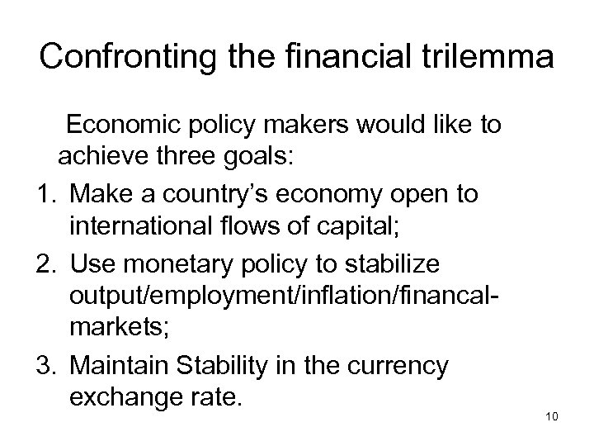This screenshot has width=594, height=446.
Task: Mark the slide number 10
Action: click(x=552, y=416)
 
